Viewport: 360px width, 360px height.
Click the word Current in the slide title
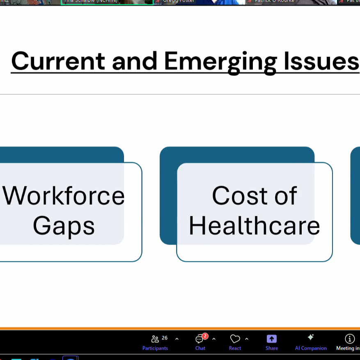point(58,61)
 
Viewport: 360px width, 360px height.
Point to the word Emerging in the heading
point(220,61)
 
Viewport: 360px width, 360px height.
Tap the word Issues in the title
point(323,61)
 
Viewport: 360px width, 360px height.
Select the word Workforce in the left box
point(64,195)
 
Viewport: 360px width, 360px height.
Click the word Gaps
point(64,225)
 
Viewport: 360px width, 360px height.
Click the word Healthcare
point(254,225)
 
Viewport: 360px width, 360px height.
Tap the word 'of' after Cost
point(286,195)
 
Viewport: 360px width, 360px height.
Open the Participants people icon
point(155,339)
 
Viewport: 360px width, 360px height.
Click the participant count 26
point(165,338)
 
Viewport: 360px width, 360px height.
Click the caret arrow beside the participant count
point(177,339)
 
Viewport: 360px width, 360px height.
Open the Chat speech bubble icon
point(199,339)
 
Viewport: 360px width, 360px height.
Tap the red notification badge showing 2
point(205,336)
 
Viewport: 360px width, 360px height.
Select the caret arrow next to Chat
point(214,339)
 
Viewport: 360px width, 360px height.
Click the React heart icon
point(235,339)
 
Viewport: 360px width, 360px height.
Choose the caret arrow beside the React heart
point(247,339)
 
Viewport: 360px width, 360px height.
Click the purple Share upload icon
point(271,339)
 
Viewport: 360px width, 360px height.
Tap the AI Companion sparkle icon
point(311,337)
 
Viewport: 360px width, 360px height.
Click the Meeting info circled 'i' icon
point(350,339)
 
